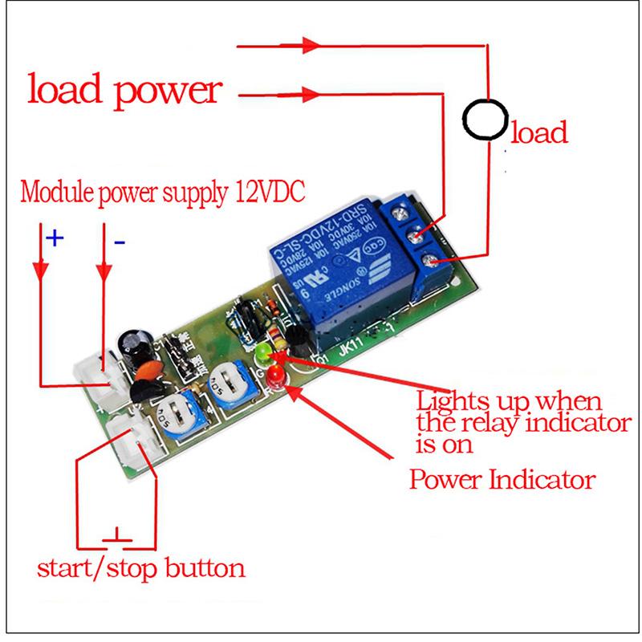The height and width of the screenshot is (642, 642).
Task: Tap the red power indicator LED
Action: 274,373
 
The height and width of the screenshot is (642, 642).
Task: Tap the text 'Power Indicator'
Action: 502,481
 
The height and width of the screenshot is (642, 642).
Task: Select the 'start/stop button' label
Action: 141,569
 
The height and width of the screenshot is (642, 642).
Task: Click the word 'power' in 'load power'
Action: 169,90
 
